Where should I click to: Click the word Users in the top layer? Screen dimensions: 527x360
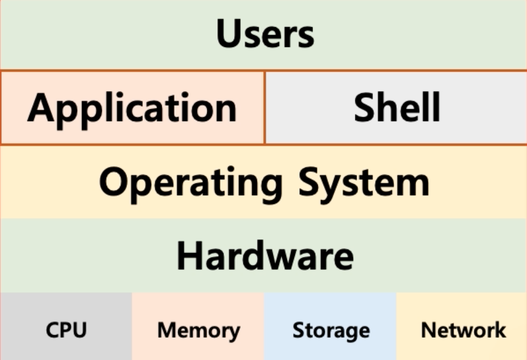pos(265,34)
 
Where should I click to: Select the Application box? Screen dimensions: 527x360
pos(132,107)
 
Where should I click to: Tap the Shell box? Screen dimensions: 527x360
pos(397,107)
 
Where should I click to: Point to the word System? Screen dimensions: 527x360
pos(364,182)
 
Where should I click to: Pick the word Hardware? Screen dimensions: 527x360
pos(265,255)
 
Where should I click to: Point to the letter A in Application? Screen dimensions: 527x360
pos(41,107)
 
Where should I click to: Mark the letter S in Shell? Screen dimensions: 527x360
pos(366,107)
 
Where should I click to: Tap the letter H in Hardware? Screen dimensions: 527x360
pos(189,255)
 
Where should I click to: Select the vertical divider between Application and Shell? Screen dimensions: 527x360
pos(264,107)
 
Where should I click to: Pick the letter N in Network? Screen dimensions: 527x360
pos(428,330)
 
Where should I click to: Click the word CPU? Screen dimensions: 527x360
pos(66,330)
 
